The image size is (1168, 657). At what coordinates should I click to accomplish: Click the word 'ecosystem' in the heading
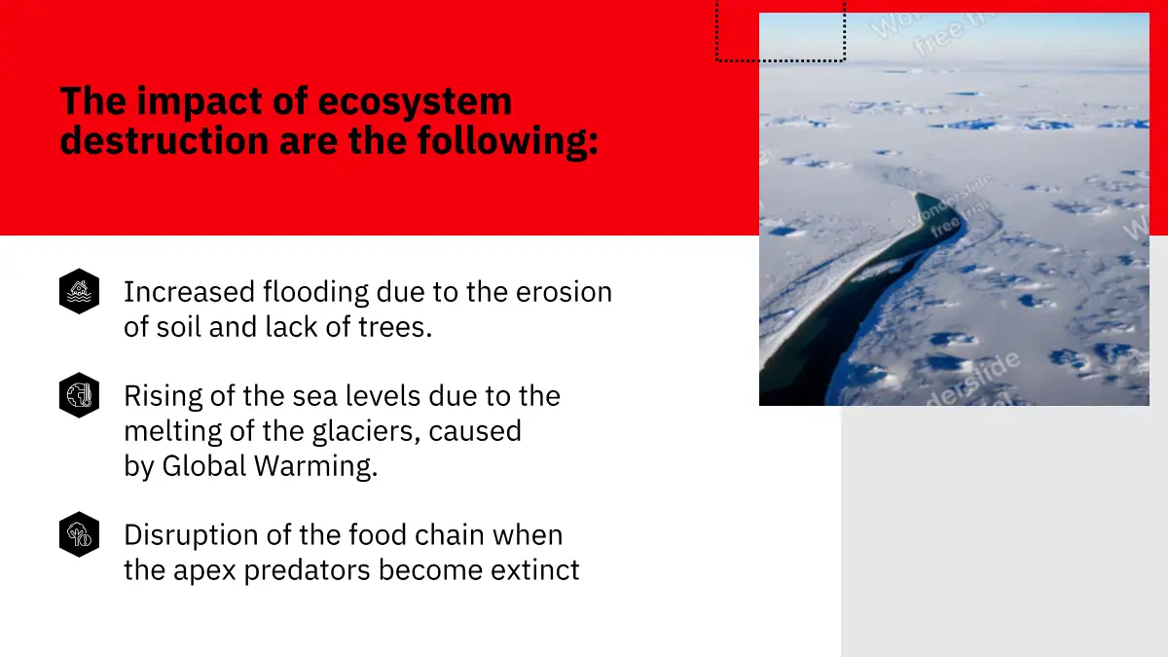(415, 102)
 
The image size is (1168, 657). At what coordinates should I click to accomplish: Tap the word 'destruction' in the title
(164, 141)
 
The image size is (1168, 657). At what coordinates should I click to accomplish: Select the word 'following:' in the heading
(508, 142)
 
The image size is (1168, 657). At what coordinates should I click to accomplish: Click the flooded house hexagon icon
(79, 291)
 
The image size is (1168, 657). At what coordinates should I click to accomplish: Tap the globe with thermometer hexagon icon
(79, 395)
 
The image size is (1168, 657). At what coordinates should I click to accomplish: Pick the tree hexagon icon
(79, 534)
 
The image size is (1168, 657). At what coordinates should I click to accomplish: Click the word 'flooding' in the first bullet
(315, 293)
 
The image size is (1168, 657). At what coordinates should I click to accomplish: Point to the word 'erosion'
(564, 293)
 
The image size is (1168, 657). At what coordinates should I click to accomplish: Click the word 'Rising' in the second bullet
(164, 397)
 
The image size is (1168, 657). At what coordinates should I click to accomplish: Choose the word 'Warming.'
(316, 466)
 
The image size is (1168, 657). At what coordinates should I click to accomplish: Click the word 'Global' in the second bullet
(204, 465)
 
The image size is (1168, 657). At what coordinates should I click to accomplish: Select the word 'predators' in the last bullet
(308, 570)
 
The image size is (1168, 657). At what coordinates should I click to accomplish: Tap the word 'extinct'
(535, 570)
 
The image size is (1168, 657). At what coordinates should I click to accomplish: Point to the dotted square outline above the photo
(781, 61)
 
